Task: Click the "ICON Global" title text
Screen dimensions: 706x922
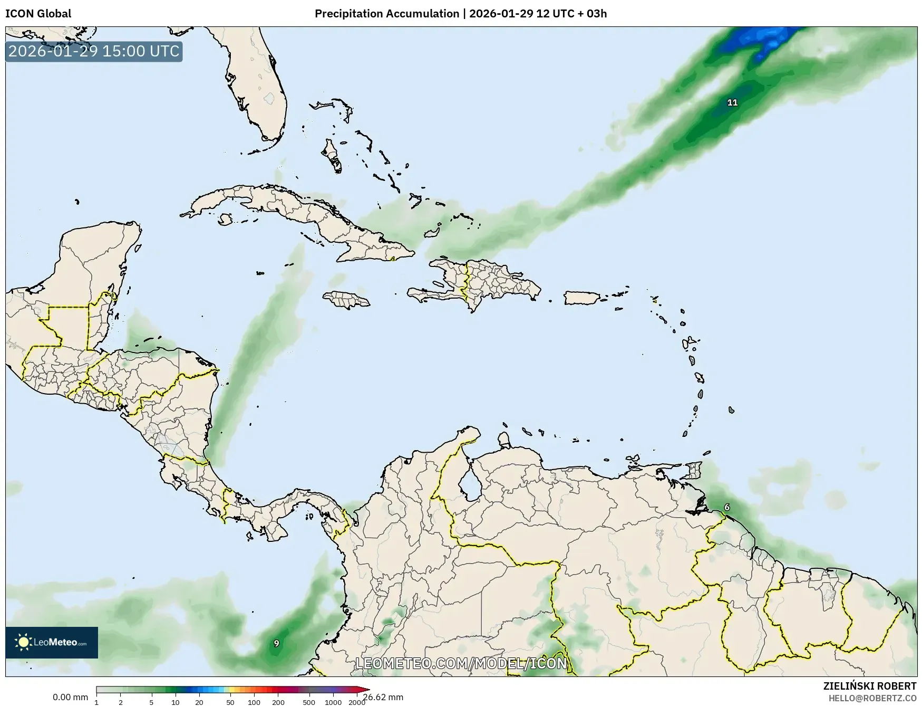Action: [x=38, y=14]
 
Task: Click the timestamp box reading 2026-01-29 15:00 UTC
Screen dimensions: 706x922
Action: [x=94, y=52]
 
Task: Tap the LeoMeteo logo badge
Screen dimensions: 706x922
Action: [x=52, y=642]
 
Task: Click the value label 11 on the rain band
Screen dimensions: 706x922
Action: [x=732, y=102]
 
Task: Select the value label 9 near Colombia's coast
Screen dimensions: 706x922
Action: [x=276, y=643]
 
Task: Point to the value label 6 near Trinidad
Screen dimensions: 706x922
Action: [x=727, y=507]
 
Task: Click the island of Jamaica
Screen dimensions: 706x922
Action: [x=346, y=300]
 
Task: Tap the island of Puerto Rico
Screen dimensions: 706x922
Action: [x=582, y=298]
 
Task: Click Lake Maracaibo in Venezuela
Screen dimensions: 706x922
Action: [x=469, y=484]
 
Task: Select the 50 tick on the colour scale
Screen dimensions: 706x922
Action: [x=230, y=702]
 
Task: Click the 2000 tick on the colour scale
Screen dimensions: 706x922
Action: [x=357, y=702]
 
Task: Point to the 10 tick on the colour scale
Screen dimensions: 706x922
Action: [x=175, y=702]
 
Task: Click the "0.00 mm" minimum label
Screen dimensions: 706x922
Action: [x=70, y=697]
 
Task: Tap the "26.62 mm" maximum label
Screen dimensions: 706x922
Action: [x=383, y=697]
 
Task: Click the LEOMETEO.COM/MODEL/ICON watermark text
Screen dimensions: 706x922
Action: [x=461, y=663]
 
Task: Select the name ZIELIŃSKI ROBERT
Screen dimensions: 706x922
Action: [x=870, y=686]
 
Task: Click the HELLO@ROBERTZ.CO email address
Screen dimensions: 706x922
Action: [x=872, y=698]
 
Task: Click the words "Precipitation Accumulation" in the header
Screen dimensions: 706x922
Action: [x=387, y=14]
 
